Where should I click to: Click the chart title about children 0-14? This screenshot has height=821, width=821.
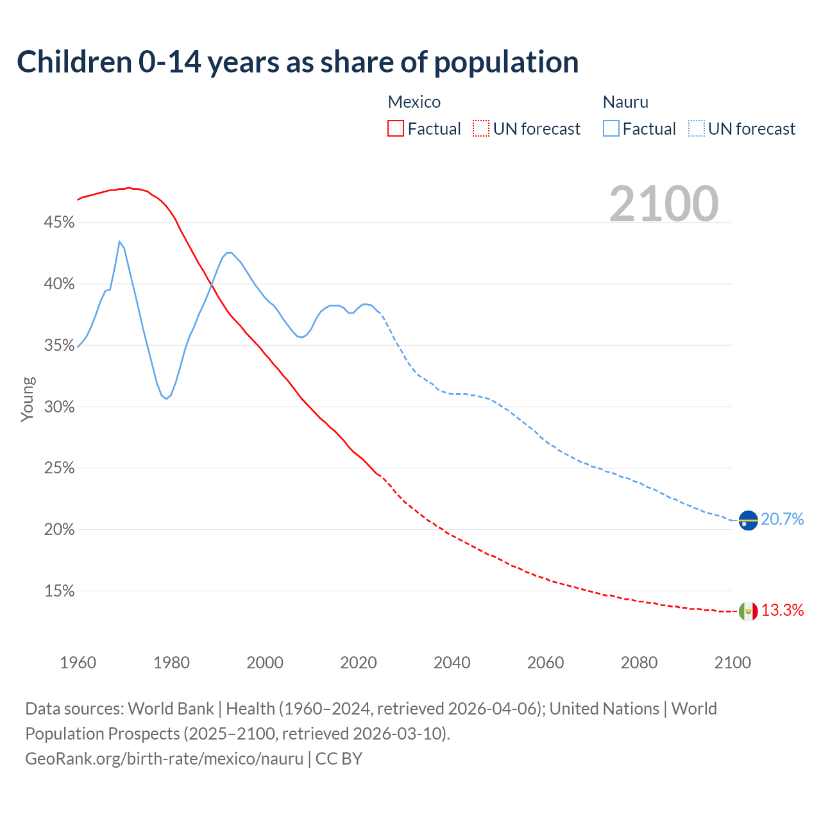pyautogui.click(x=298, y=62)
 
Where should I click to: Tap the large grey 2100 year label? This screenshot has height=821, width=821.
pyautogui.click(x=664, y=204)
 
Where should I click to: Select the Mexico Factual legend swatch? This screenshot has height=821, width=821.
pyautogui.click(x=396, y=129)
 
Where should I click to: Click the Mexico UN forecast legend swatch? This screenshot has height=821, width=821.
pyautogui.click(x=481, y=129)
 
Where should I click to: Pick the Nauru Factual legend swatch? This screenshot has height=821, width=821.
pyautogui.click(x=611, y=129)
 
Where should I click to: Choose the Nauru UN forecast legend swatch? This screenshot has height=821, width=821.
pyautogui.click(x=697, y=129)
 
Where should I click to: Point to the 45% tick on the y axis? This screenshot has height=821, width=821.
pyautogui.click(x=59, y=223)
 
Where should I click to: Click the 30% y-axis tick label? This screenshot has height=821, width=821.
pyautogui.click(x=59, y=407)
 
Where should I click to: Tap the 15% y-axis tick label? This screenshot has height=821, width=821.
pyautogui.click(x=59, y=591)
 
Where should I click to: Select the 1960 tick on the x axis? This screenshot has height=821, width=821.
pyautogui.click(x=78, y=663)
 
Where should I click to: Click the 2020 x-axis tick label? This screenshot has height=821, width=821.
pyautogui.click(x=359, y=663)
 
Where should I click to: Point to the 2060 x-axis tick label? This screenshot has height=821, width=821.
pyautogui.click(x=545, y=663)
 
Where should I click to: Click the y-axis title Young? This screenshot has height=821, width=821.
pyautogui.click(x=28, y=399)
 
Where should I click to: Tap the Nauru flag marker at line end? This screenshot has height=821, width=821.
pyautogui.click(x=749, y=520)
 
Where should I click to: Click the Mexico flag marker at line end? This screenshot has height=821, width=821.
pyautogui.click(x=749, y=611)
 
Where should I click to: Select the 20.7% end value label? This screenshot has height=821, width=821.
pyautogui.click(x=783, y=520)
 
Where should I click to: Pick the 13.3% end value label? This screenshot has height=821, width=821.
pyautogui.click(x=783, y=611)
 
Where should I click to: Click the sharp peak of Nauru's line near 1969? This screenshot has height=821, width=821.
pyautogui.click(x=119, y=242)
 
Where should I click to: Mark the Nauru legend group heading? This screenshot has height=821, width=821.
pyautogui.click(x=625, y=102)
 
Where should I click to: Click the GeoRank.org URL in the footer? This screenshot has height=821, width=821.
pyautogui.click(x=164, y=759)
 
